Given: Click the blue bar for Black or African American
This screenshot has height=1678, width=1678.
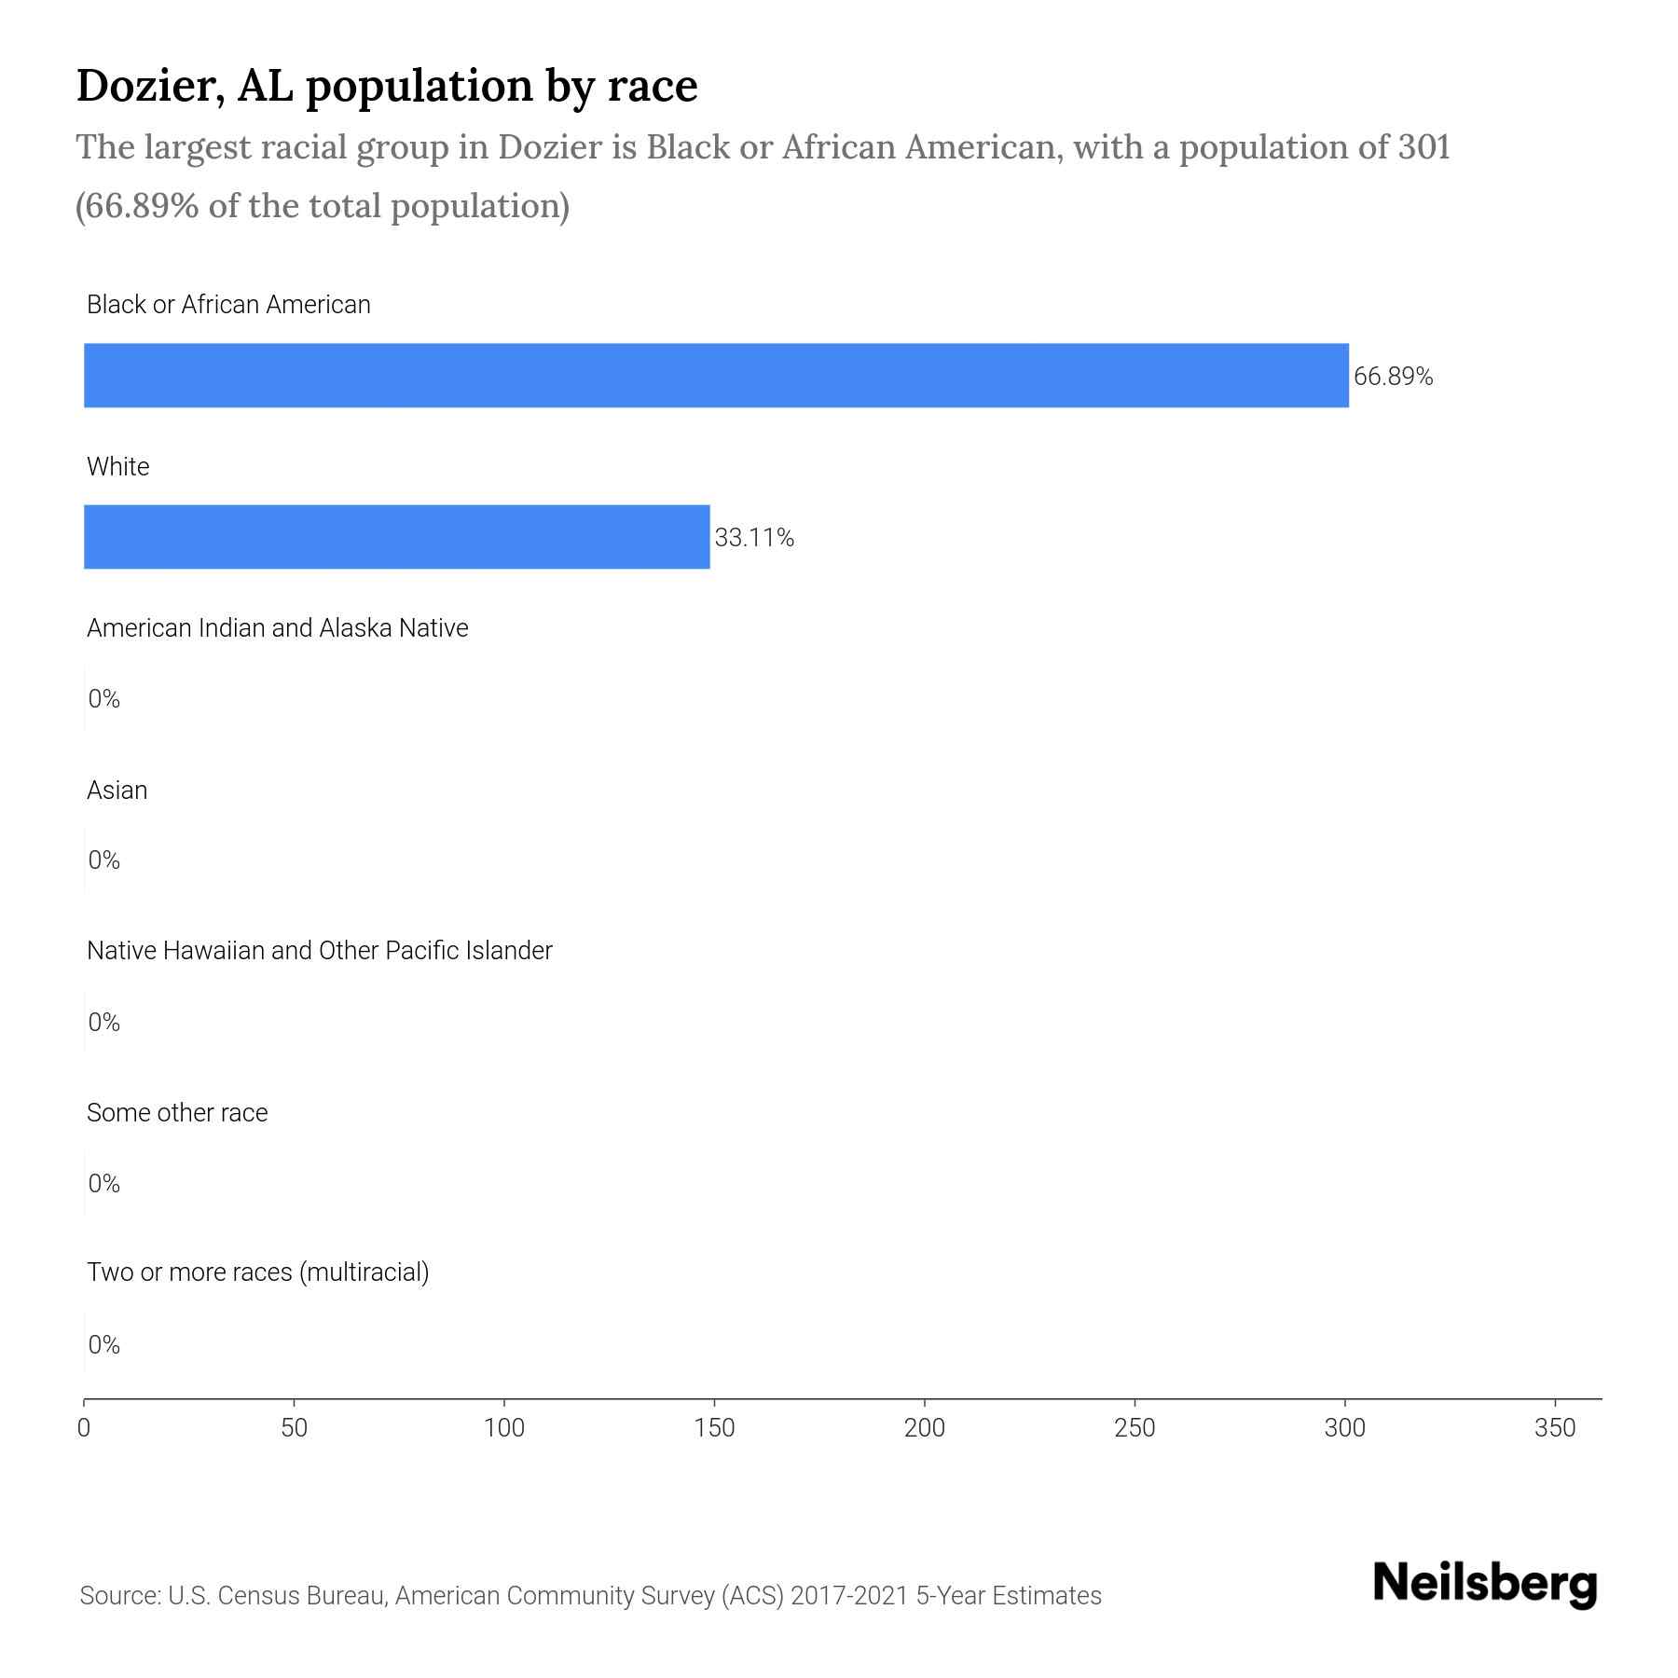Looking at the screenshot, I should [x=716, y=376].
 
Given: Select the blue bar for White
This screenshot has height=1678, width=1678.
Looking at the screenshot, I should [x=396, y=537].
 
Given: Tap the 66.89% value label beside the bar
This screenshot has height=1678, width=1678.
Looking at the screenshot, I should [x=1393, y=377].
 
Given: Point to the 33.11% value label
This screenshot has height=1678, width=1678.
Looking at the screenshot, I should [x=754, y=538].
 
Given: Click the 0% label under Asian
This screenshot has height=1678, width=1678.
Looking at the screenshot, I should [x=104, y=860].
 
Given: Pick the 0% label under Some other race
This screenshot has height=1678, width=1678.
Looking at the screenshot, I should [x=104, y=1184].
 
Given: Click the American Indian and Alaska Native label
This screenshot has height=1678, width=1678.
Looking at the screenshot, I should [x=277, y=628].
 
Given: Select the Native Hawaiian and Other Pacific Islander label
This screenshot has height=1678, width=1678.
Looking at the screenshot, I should [x=319, y=951].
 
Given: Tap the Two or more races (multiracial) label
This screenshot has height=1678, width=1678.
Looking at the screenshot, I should [x=257, y=1272].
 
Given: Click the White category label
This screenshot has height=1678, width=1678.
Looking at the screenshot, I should [x=117, y=467].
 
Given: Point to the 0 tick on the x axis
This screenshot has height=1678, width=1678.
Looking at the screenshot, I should [x=84, y=1427].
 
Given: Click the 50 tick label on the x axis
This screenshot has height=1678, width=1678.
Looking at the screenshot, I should [x=294, y=1427].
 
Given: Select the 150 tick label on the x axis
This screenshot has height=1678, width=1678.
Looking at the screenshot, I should [x=715, y=1427].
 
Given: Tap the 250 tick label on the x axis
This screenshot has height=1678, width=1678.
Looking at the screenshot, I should [x=1135, y=1427].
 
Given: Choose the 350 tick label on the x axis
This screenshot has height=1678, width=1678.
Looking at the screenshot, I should [x=1555, y=1427].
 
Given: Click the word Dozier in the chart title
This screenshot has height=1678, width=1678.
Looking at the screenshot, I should [x=147, y=86].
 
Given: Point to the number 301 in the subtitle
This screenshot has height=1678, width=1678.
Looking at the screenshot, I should [x=1424, y=147].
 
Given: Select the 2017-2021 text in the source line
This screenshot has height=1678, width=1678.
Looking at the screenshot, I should [x=848, y=1596].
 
